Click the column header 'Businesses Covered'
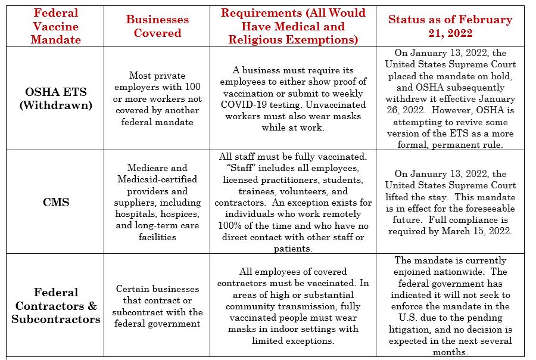157,26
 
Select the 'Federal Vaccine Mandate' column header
55,26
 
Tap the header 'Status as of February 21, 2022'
450,26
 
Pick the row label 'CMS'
55,202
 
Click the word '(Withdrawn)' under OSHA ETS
55,105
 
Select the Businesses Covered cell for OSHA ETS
157,99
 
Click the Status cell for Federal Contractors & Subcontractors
450,306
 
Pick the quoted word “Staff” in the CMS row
238,169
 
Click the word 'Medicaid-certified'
157,179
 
